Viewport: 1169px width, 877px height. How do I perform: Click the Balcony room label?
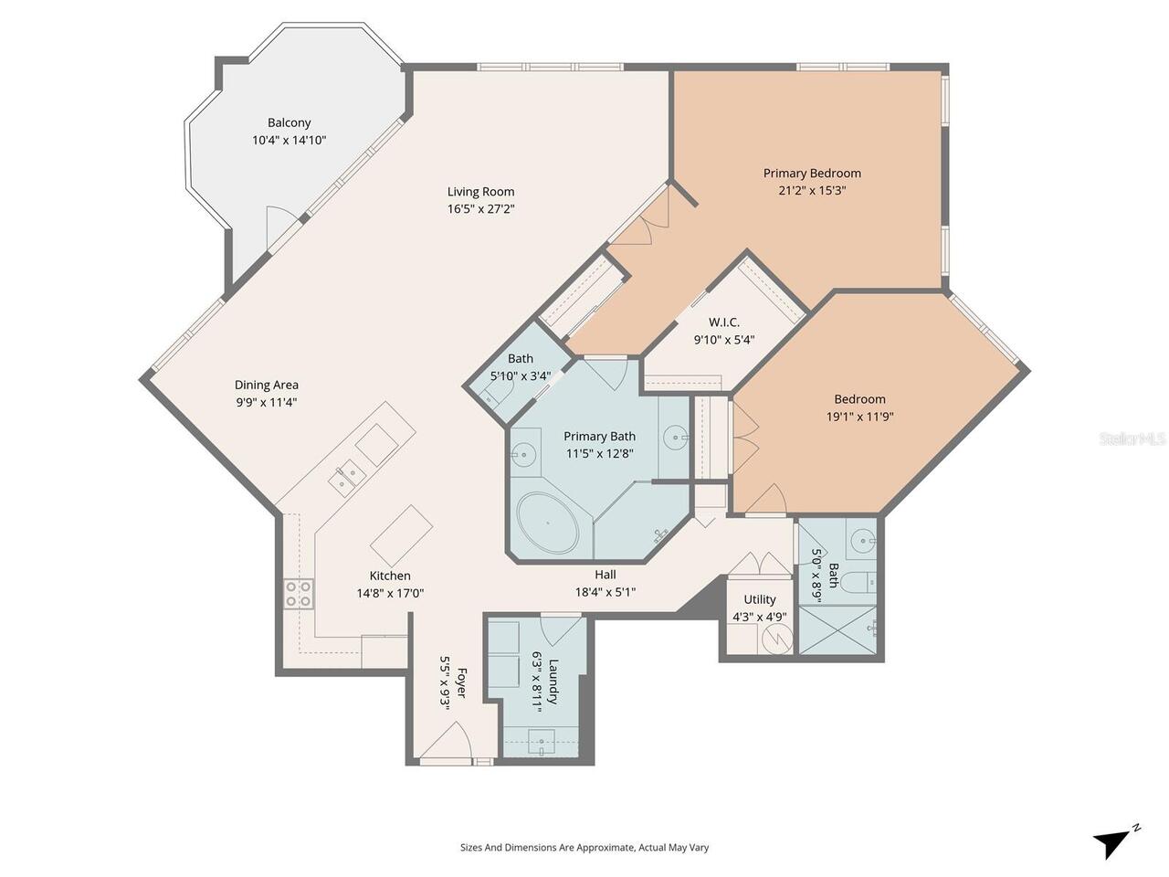[x=289, y=122]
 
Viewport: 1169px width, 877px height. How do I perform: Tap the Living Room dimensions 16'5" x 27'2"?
[x=480, y=208]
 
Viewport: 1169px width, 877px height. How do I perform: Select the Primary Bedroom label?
[x=812, y=173]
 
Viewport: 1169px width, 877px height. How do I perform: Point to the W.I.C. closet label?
[x=723, y=322]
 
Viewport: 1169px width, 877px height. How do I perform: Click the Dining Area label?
[x=267, y=385]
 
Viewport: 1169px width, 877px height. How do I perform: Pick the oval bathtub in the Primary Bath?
[x=547, y=523]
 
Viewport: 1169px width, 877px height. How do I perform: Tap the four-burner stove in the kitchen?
[x=299, y=594]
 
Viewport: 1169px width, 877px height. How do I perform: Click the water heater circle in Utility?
[x=777, y=639]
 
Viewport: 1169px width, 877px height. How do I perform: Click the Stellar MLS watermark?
[x=1132, y=439]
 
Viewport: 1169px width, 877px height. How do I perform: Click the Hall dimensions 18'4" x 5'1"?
[x=606, y=592]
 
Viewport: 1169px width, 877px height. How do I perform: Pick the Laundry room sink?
[x=542, y=741]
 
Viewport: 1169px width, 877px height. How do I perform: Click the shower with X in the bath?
[x=837, y=629]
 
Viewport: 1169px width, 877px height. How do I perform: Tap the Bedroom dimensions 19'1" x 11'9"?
[x=859, y=417]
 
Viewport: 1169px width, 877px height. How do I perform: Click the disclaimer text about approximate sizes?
[x=584, y=847]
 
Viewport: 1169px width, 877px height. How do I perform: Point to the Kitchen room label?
[x=390, y=576]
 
